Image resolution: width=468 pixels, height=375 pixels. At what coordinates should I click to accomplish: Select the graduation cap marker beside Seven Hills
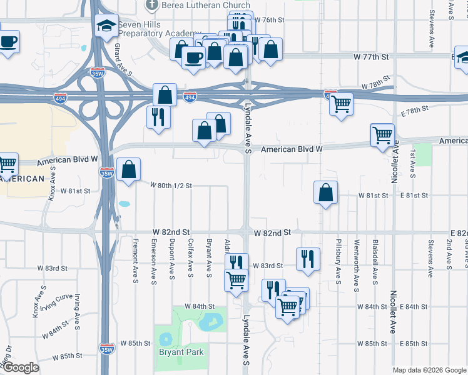(107, 26)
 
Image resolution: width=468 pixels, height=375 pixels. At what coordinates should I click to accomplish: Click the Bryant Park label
(181, 352)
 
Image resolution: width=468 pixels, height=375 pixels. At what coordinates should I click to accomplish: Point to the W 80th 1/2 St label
(171, 186)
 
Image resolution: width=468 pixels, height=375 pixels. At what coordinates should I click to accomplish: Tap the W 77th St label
(371, 57)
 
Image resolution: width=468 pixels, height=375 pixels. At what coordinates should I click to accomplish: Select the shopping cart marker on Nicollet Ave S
(382, 134)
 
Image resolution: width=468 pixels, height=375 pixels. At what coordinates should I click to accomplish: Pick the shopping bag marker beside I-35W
(128, 169)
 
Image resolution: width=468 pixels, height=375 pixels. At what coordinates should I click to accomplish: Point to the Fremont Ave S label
(135, 259)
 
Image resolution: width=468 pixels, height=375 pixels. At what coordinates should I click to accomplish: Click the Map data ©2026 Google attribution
(429, 370)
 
